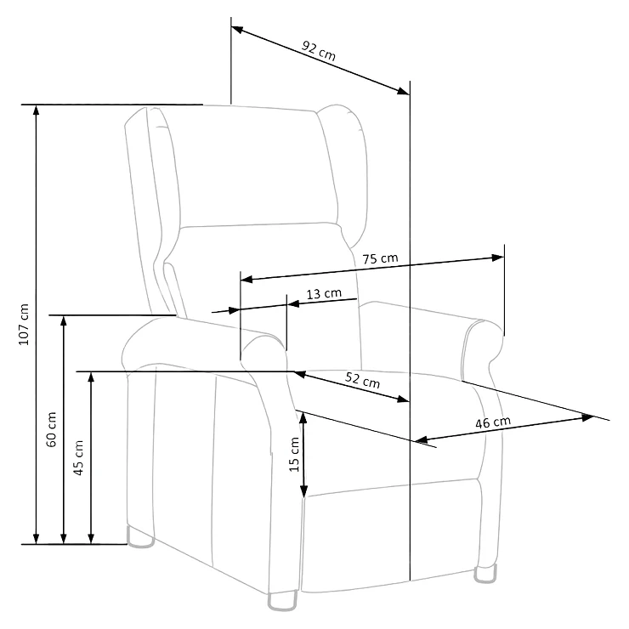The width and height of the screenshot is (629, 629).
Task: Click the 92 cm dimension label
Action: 319,50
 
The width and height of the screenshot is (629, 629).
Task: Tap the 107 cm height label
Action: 24,324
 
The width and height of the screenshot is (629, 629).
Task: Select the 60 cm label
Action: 51,429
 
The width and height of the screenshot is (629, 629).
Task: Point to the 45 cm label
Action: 78,457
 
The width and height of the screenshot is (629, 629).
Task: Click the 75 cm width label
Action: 380,258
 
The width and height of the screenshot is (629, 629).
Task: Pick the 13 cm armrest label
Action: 324,294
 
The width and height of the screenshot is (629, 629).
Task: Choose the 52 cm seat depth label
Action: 362,379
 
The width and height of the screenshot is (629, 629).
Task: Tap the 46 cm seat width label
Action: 493,422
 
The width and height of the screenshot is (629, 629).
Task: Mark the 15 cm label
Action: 294,454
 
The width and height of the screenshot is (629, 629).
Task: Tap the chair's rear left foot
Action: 140,537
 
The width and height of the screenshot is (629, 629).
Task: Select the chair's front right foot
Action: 485,574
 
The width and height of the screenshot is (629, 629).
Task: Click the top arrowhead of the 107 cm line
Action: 36,110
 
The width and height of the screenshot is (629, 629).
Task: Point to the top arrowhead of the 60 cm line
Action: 64,321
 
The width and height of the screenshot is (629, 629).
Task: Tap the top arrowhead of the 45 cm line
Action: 91,378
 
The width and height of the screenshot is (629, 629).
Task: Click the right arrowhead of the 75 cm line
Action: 498,258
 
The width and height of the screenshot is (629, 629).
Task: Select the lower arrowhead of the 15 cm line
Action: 303,491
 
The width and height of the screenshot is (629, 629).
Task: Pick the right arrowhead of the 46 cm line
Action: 587,417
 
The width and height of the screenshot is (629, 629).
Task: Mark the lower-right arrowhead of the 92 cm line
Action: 404,92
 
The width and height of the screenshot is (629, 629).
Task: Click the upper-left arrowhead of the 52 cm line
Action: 300,375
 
